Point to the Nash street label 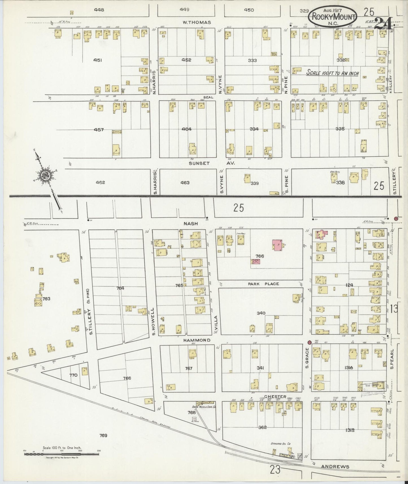click(x=191, y=223)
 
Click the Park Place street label click(x=263, y=284)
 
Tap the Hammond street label click(x=197, y=340)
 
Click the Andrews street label click(x=335, y=467)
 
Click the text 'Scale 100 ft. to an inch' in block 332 click(x=333, y=73)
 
